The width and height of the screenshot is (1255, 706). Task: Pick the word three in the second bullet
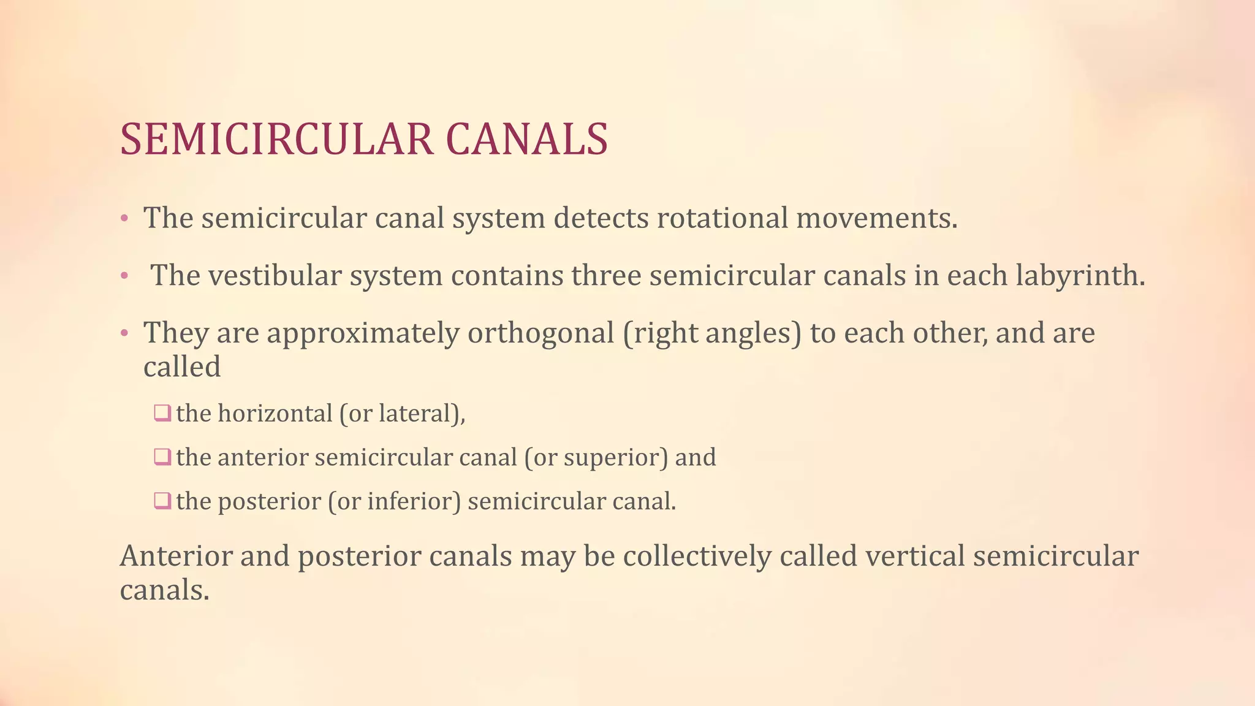[x=606, y=276]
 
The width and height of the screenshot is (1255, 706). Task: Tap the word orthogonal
[x=540, y=333]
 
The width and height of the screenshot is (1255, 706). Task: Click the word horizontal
[x=275, y=414]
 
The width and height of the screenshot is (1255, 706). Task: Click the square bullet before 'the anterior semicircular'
[x=162, y=457]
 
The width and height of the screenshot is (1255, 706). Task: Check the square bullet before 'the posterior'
[x=162, y=501]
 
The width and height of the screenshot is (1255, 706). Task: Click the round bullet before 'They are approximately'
[x=124, y=334]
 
